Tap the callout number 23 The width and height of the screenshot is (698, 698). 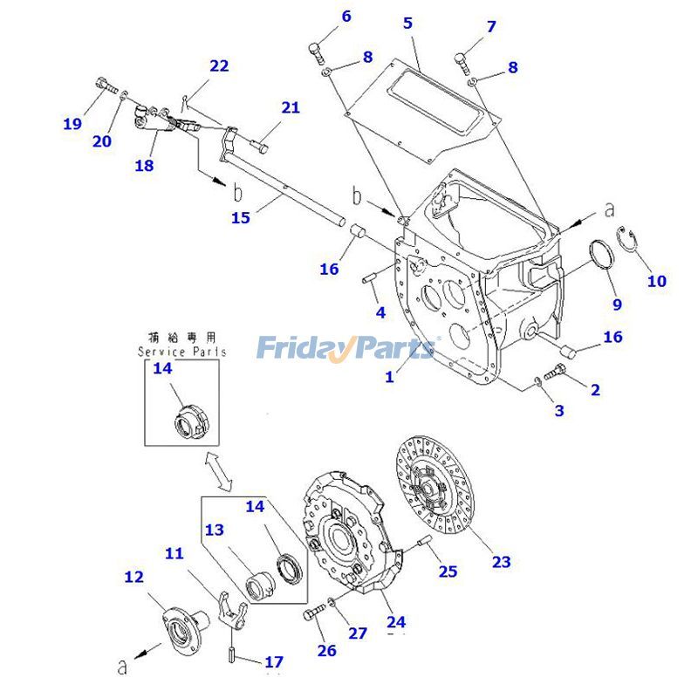click(501, 562)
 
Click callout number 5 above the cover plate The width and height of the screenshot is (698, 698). click(407, 24)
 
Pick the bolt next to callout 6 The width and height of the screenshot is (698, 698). click(318, 51)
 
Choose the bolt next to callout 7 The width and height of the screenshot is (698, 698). click(462, 62)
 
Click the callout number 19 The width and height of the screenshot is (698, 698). click(72, 124)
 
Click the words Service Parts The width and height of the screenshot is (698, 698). click(181, 352)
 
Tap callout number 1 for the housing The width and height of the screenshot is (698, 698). click(390, 376)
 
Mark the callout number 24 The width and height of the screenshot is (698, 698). click(396, 622)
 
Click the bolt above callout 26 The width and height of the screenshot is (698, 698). click(312, 616)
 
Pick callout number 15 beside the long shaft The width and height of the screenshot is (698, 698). click(240, 218)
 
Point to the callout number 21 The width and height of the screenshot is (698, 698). click(290, 107)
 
